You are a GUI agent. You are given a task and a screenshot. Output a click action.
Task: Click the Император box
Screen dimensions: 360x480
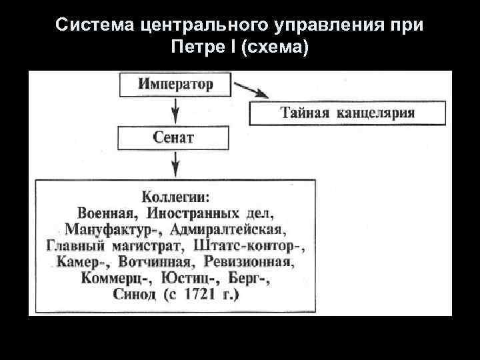click(x=175, y=85)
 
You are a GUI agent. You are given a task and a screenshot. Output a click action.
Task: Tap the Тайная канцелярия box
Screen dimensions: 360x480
click(x=347, y=113)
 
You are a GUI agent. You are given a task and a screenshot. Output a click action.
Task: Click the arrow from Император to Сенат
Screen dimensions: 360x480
click(x=175, y=110)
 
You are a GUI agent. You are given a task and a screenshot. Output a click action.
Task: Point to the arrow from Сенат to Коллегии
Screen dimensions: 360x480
click(x=175, y=163)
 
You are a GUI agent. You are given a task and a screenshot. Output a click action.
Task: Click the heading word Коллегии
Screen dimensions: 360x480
click(x=175, y=197)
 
